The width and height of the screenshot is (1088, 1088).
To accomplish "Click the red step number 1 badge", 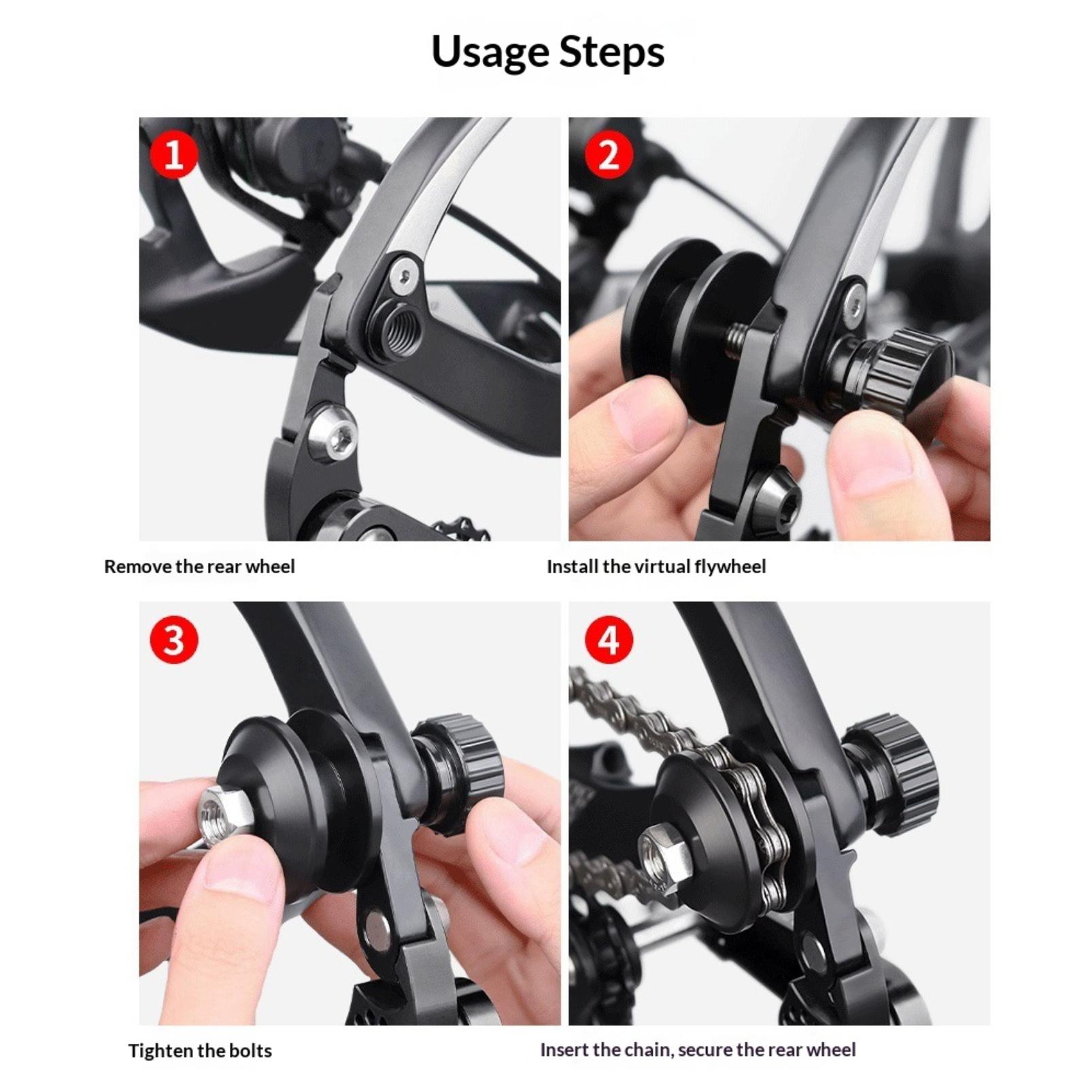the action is point(174,155).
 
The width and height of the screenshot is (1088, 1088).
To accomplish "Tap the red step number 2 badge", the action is point(609,155).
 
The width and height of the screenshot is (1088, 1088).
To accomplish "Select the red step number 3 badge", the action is point(174,640).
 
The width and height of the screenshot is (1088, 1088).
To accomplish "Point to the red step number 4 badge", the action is point(609,640).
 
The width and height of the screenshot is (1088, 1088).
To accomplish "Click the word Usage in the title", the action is point(490,53).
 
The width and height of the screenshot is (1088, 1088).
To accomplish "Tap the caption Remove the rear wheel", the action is point(199,566).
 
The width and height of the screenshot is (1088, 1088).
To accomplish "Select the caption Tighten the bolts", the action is point(200,1051).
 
